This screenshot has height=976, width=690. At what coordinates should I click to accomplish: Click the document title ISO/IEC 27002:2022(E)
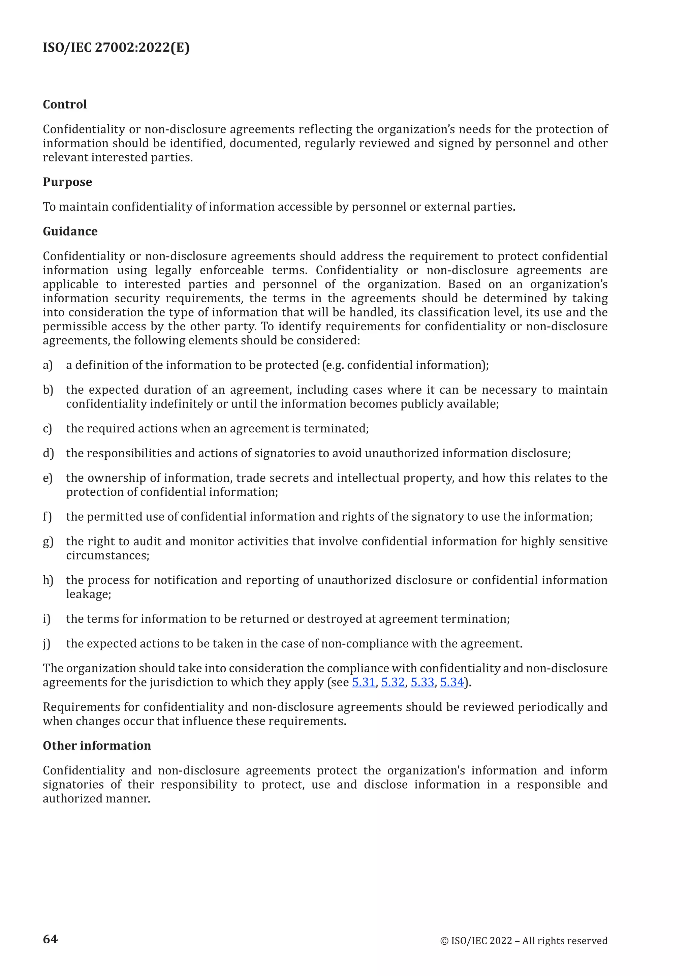pos(116,47)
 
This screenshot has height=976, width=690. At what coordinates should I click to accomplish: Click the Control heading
pos(65,104)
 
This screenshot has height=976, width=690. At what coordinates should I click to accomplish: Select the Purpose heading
pos(67,182)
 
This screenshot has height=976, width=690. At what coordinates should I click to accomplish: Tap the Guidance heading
pos(70,231)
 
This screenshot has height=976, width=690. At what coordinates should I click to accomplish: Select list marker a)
pos(48,365)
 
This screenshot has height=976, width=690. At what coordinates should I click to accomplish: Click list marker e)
pos(48,478)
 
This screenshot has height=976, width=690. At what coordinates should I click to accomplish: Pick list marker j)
pos(47,644)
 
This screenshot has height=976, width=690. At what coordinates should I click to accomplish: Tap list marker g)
pos(48,542)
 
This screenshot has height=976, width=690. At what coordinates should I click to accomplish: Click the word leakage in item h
pos(88,594)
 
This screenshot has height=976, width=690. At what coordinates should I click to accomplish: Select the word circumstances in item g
pos(107,556)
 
